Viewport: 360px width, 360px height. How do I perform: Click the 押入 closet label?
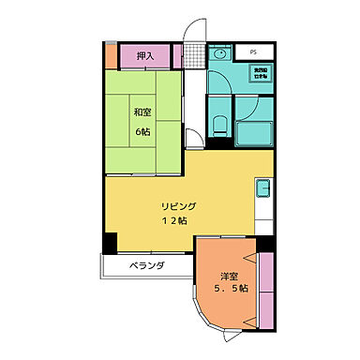click(x=145, y=57)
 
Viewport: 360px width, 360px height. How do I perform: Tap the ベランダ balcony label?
click(x=147, y=266)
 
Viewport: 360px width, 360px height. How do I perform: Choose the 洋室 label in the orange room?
click(x=229, y=276)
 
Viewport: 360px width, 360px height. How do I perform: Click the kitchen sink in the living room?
click(x=262, y=187)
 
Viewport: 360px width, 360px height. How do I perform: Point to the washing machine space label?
click(x=258, y=72)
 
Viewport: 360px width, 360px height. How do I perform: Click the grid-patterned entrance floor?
click(x=194, y=56)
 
